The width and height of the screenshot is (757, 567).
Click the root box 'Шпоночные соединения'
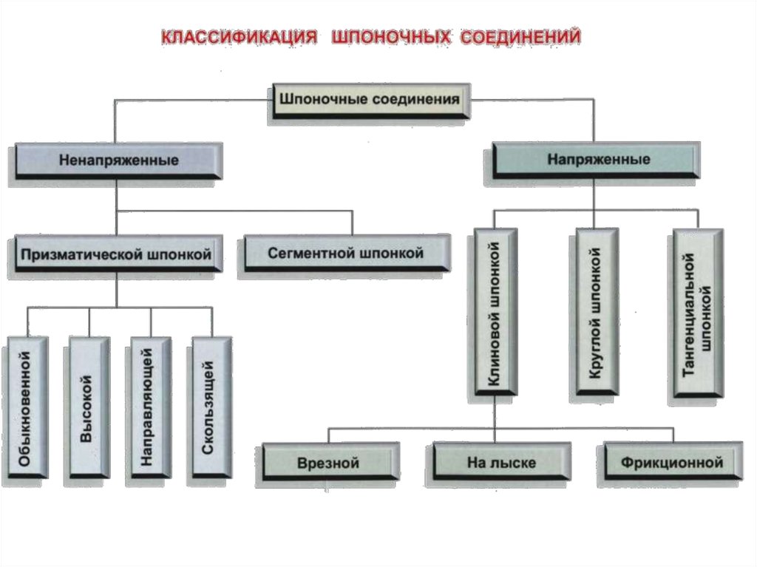[368, 99]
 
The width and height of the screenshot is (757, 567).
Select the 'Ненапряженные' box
[118, 160]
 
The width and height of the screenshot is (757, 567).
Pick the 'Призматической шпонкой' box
[116, 254]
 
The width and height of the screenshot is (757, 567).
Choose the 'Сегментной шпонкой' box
[345, 254]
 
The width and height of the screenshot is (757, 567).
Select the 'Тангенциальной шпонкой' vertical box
[696, 315]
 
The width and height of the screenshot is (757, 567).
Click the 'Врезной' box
[329, 464]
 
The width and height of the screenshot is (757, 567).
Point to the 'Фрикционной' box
[671, 464]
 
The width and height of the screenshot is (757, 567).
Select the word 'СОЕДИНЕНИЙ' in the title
[521, 36]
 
